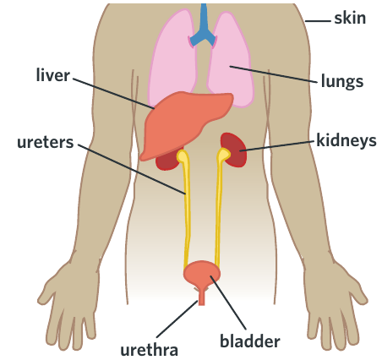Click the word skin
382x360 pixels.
350,18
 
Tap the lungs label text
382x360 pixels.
342,81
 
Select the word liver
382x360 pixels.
52,75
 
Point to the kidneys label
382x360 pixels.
347,140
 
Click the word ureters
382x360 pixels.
46,142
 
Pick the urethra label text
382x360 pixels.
149,350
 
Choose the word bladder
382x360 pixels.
250,341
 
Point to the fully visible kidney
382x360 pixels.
234,150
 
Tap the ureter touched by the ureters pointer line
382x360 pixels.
186,209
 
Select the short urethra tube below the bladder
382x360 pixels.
201,297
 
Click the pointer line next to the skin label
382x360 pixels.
318,21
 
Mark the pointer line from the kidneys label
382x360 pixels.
277,146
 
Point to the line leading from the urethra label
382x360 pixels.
177,319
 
